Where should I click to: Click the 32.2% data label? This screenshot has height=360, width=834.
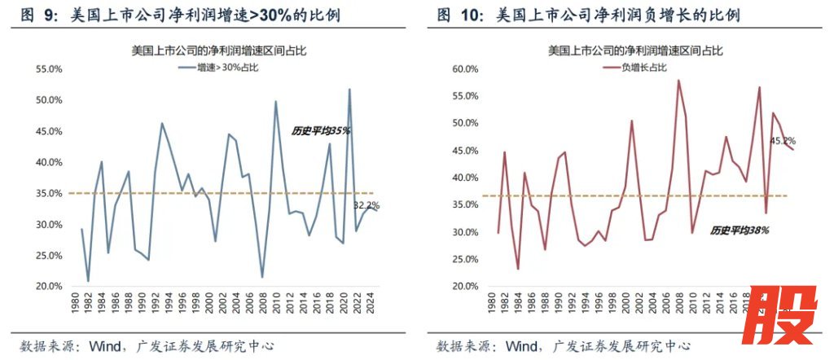367,205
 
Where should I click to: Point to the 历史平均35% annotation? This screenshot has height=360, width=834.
321,130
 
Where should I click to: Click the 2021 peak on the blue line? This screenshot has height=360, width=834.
349,90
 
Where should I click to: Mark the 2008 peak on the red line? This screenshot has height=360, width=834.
678,80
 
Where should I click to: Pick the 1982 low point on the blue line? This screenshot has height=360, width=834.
88,281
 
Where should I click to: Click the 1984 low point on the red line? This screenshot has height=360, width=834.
518,269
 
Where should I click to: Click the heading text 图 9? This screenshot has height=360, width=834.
37,15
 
